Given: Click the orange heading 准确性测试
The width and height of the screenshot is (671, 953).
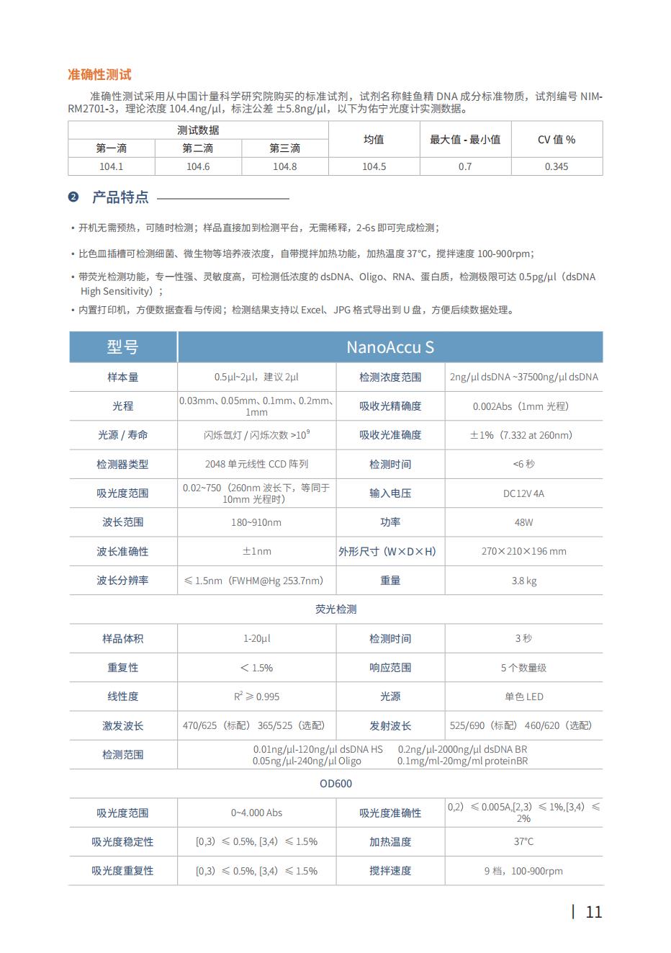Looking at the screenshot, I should click(x=99, y=75).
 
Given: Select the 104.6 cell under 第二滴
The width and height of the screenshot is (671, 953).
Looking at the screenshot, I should click(x=198, y=166).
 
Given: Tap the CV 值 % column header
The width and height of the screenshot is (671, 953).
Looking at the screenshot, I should click(x=557, y=140).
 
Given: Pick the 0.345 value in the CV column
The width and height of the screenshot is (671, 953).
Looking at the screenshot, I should click(x=557, y=166).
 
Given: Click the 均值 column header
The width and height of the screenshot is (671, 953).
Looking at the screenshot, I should click(x=374, y=140).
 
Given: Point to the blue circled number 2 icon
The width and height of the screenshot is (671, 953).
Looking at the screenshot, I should click(x=73, y=197).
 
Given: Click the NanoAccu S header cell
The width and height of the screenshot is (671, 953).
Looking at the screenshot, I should click(x=389, y=347).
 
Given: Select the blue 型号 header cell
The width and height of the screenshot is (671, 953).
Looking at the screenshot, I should click(x=122, y=347).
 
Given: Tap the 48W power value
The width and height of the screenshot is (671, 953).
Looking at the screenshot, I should click(x=523, y=522).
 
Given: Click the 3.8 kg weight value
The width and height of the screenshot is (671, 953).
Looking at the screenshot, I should click(x=523, y=581).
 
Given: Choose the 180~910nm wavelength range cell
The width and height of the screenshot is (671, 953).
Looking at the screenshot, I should click(x=256, y=522).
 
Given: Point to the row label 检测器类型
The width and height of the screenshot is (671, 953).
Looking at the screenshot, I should click(x=122, y=465).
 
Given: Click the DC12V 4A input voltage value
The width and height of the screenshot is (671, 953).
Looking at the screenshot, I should click(x=523, y=493).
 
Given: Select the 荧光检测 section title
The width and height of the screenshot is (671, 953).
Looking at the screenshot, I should click(x=335, y=609).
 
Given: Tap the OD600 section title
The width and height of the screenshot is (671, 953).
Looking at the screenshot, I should click(x=335, y=784).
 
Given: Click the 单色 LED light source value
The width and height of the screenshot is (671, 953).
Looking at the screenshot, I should click(x=523, y=697).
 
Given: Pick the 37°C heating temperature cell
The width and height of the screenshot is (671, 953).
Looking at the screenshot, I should click(x=523, y=841).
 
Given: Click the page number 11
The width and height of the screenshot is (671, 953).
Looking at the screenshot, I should click(x=593, y=912).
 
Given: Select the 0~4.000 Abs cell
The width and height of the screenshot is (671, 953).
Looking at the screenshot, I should click(x=256, y=813).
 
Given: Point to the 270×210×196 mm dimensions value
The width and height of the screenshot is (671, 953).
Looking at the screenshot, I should click(x=523, y=552).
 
